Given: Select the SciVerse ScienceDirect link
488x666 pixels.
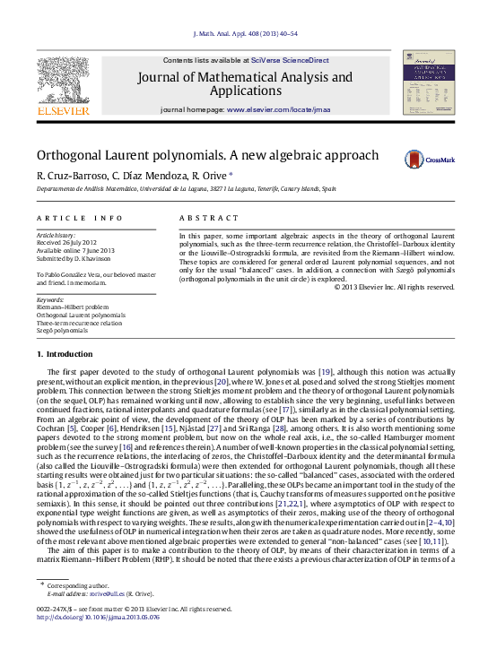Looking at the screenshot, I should tap(290, 60).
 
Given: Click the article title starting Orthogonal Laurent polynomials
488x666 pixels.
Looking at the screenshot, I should tap(208, 155).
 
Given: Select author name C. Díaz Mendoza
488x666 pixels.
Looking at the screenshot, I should tap(151, 176).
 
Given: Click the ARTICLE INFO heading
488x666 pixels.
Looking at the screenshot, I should tap(80, 219).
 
